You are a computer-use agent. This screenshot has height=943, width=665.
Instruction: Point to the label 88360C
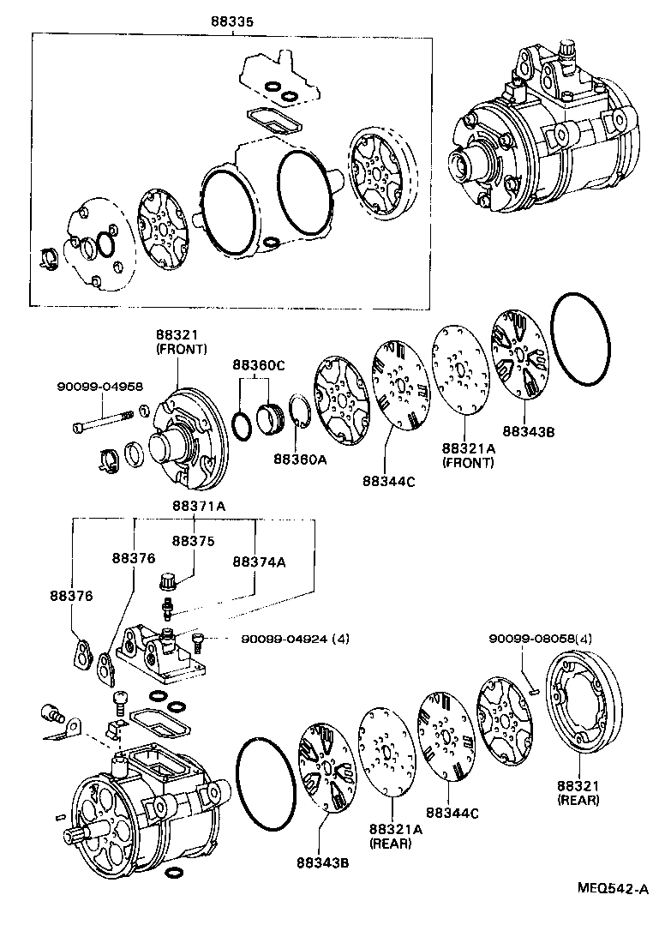click(x=258, y=365)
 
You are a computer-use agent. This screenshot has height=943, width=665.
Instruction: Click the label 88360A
click(x=299, y=459)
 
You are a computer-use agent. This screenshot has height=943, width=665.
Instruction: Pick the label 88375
click(x=193, y=541)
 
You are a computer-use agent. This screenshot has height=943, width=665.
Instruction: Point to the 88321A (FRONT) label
click(x=468, y=455)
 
